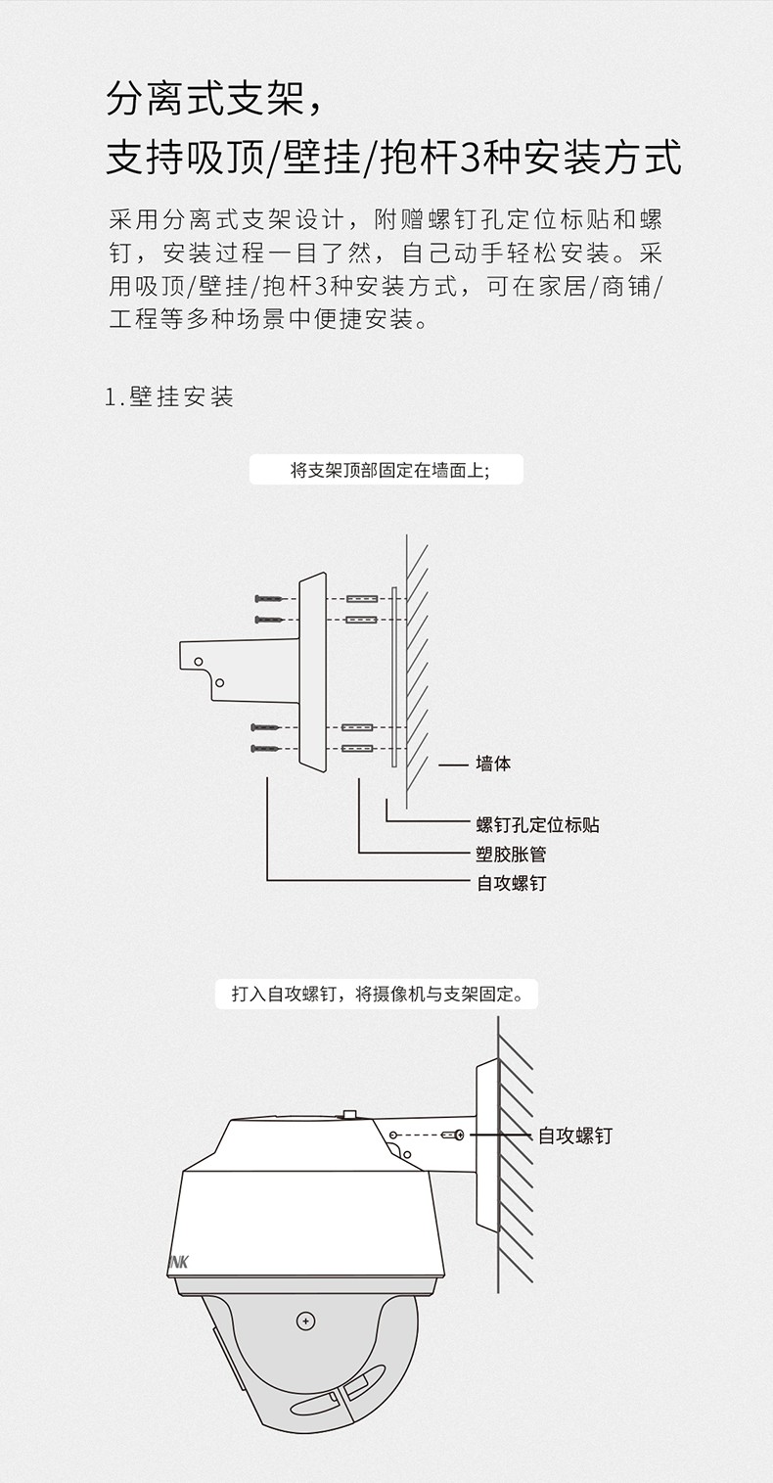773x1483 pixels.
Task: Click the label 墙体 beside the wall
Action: pyautogui.click(x=493, y=764)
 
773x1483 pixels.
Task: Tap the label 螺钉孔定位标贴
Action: pyautogui.click(x=537, y=825)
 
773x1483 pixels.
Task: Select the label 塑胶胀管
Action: pyautogui.click(x=511, y=854)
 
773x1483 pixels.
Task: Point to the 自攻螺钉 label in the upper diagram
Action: pyautogui.click(x=511, y=883)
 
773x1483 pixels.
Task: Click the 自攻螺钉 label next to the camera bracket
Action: pyautogui.click(x=575, y=1135)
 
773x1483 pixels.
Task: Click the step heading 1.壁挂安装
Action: pyautogui.click(x=169, y=396)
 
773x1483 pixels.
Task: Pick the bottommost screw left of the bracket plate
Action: pyautogui.click(x=266, y=749)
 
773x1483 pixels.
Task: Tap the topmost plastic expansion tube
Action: pyautogui.click(x=362, y=598)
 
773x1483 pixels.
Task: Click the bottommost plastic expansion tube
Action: pyautogui.click(x=358, y=749)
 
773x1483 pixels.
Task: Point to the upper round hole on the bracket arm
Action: pyautogui.click(x=199, y=661)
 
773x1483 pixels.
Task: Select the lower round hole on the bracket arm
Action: pyautogui.click(x=220, y=682)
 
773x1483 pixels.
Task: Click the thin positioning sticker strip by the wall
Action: pyautogui.click(x=393, y=676)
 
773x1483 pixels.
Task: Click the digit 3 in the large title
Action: pyautogui.click(x=468, y=159)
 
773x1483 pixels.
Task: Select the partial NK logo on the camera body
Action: pyautogui.click(x=179, y=1262)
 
